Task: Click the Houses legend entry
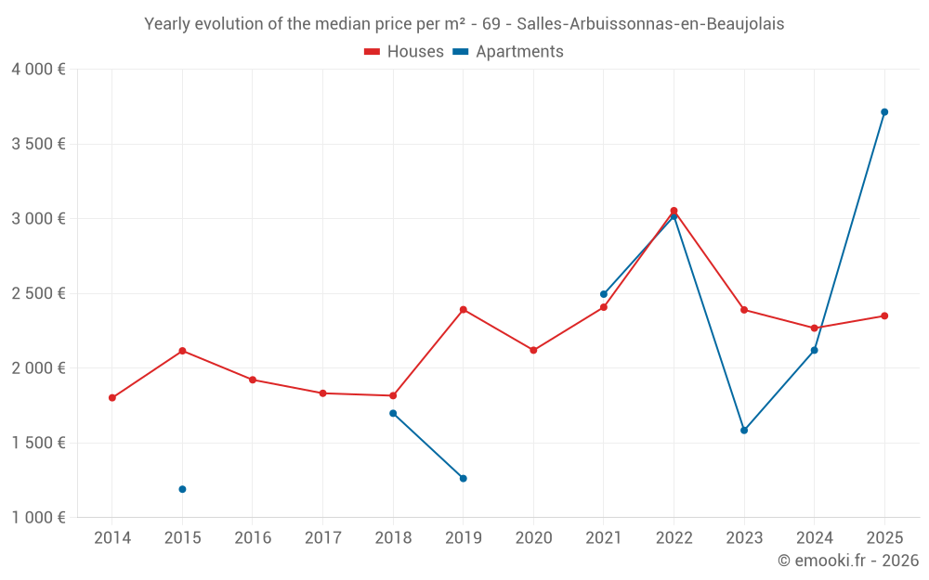pos(404,52)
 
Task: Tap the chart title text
pos(464,24)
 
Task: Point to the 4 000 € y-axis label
pos(39,70)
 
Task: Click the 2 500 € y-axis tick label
pos(39,293)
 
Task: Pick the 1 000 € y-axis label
pos(39,517)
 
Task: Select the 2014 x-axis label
pos(112,537)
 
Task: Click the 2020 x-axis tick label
pos(533,537)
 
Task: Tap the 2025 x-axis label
pos(884,537)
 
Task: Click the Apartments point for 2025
pos(884,112)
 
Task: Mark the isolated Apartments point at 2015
pos(182,489)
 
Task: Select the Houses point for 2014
pos(112,398)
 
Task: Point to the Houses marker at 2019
pos(463,310)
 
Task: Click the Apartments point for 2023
pos(744,431)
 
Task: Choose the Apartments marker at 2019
pos(463,479)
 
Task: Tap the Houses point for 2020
pos(533,351)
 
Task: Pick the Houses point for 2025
pos(884,316)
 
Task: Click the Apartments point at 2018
pos(393,413)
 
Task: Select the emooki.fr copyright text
pos(847,561)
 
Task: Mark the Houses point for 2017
pos(322,393)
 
